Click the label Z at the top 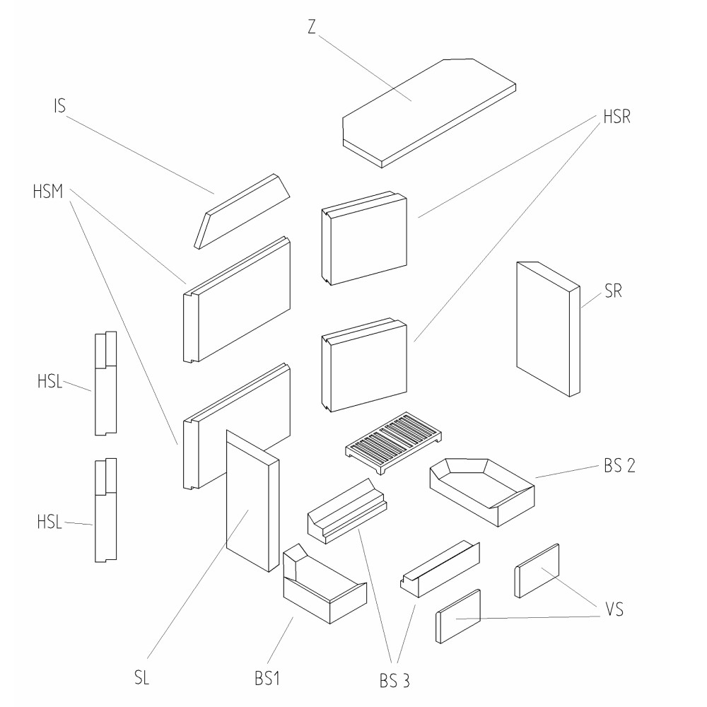pyautogui.click(x=312, y=26)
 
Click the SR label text pyautogui.click(x=613, y=293)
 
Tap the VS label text pyautogui.click(x=614, y=607)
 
